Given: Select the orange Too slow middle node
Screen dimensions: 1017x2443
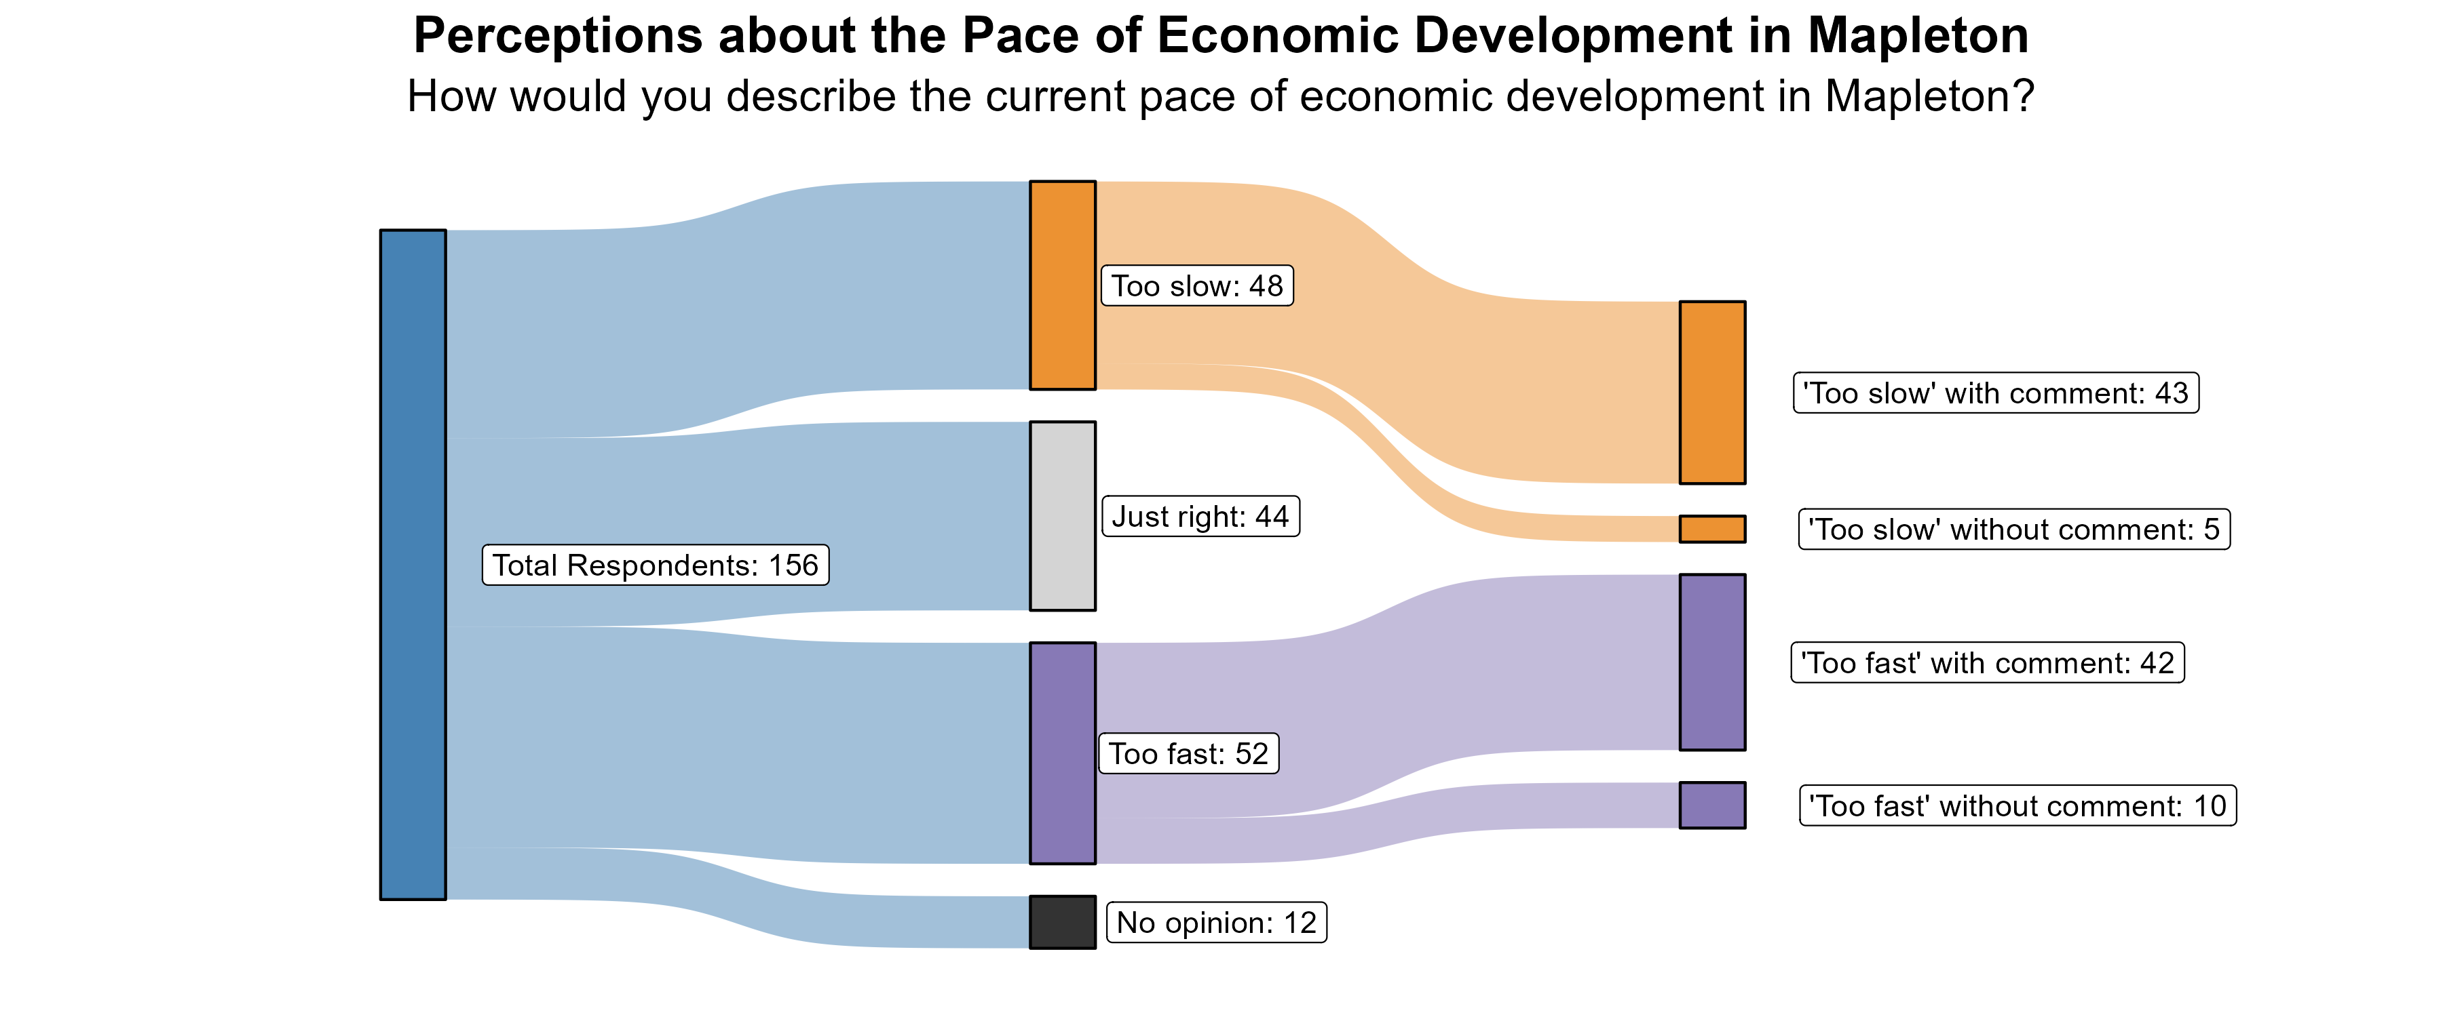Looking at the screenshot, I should click(x=1062, y=284).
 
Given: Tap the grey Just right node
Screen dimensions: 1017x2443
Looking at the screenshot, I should click(x=1062, y=515).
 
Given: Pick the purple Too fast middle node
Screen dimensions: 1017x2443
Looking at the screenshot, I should click(x=1062, y=753).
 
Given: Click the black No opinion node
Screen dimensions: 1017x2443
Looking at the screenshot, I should click(x=1062, y=921).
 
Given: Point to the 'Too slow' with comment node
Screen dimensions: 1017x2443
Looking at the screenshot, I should click(x=1712, y=393).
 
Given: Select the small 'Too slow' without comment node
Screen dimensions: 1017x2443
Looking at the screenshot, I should click(x=1712, y=529).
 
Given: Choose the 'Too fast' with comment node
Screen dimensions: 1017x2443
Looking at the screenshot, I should click(x=1712, y=662).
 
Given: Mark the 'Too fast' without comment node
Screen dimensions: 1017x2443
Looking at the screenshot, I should click(x=1712, y=805).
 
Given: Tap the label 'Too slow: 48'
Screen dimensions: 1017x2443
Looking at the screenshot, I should click(x=1197, y=285).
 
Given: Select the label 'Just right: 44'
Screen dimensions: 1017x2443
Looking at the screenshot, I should click(x=1200, y=517).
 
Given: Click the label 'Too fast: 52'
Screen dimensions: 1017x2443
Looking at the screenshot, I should click(x=1188, y=753).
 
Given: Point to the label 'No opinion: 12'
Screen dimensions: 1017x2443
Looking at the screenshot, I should click(x=1217, y=922).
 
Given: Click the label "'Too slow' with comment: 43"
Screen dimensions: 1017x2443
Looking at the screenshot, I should click(x=1995, y=393).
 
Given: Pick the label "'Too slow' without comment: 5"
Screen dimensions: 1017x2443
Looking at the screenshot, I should click(x=2013, y=529).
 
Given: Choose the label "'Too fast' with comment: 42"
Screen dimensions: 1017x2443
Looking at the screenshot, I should click(x=1987, y=662).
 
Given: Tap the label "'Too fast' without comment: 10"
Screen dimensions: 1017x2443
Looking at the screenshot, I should click(x=2018, y=805).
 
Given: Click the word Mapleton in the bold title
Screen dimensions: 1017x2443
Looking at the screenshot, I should click(x=1918, y=36).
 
